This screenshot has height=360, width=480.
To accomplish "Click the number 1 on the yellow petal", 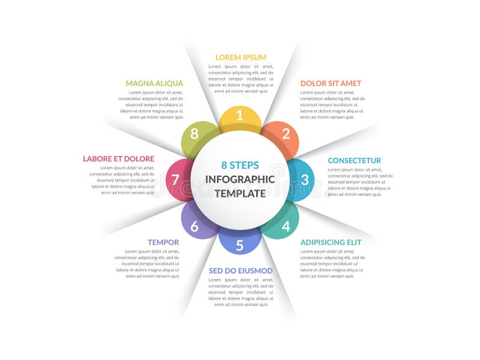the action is click(x=240, y=115).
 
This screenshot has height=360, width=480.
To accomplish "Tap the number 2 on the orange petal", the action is click(x=286, y=134).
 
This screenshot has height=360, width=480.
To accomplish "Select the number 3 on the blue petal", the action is click(x=305, y=179).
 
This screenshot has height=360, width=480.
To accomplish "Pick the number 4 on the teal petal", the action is click(x=286, y=226).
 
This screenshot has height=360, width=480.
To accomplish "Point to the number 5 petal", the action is click(x=239, y=245).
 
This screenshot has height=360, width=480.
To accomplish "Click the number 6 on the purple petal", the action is click(x=194, y=226).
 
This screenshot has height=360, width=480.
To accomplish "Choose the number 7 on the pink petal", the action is click(x=175, y=179).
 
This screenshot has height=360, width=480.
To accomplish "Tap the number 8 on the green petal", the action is click(x=194, y=133).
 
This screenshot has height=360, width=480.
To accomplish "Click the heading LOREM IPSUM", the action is click(x=241, y=57).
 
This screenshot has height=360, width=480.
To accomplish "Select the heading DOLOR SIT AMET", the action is click(x=331, y=83).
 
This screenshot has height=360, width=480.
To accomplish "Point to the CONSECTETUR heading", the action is click(x=354, y=160).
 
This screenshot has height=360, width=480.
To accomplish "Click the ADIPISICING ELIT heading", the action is click(x=331, y=242).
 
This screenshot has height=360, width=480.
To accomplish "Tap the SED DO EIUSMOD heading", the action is click(x=241, y=271).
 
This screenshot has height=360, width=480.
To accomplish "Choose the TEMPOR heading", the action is click(x=163, y=242).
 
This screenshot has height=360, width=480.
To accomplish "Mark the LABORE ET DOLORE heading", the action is click(x=119, y=159).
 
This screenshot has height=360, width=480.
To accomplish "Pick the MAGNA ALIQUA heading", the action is click(x=154, y=83).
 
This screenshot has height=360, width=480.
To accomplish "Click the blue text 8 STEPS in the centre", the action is click(x=240, y=165).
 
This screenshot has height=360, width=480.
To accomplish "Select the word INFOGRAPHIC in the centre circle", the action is click(x=240, y=179).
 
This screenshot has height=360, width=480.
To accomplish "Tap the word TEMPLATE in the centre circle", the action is click(x=240, y=193).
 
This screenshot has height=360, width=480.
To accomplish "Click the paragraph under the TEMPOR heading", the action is click(x=147, y=263).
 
